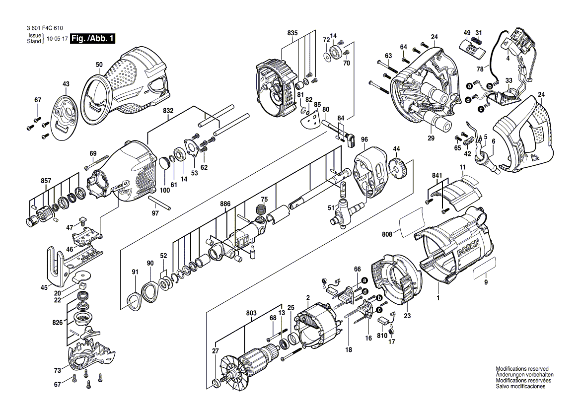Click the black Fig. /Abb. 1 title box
point(92,38)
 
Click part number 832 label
point(168,111)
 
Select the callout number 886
point(225,204)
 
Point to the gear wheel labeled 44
point(398,168)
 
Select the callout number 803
point(251,313)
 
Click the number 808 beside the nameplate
point(387,234)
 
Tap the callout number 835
point(292,33)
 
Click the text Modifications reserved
point(522,369)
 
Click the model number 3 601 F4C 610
point(45,28)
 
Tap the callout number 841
point(437,175)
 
